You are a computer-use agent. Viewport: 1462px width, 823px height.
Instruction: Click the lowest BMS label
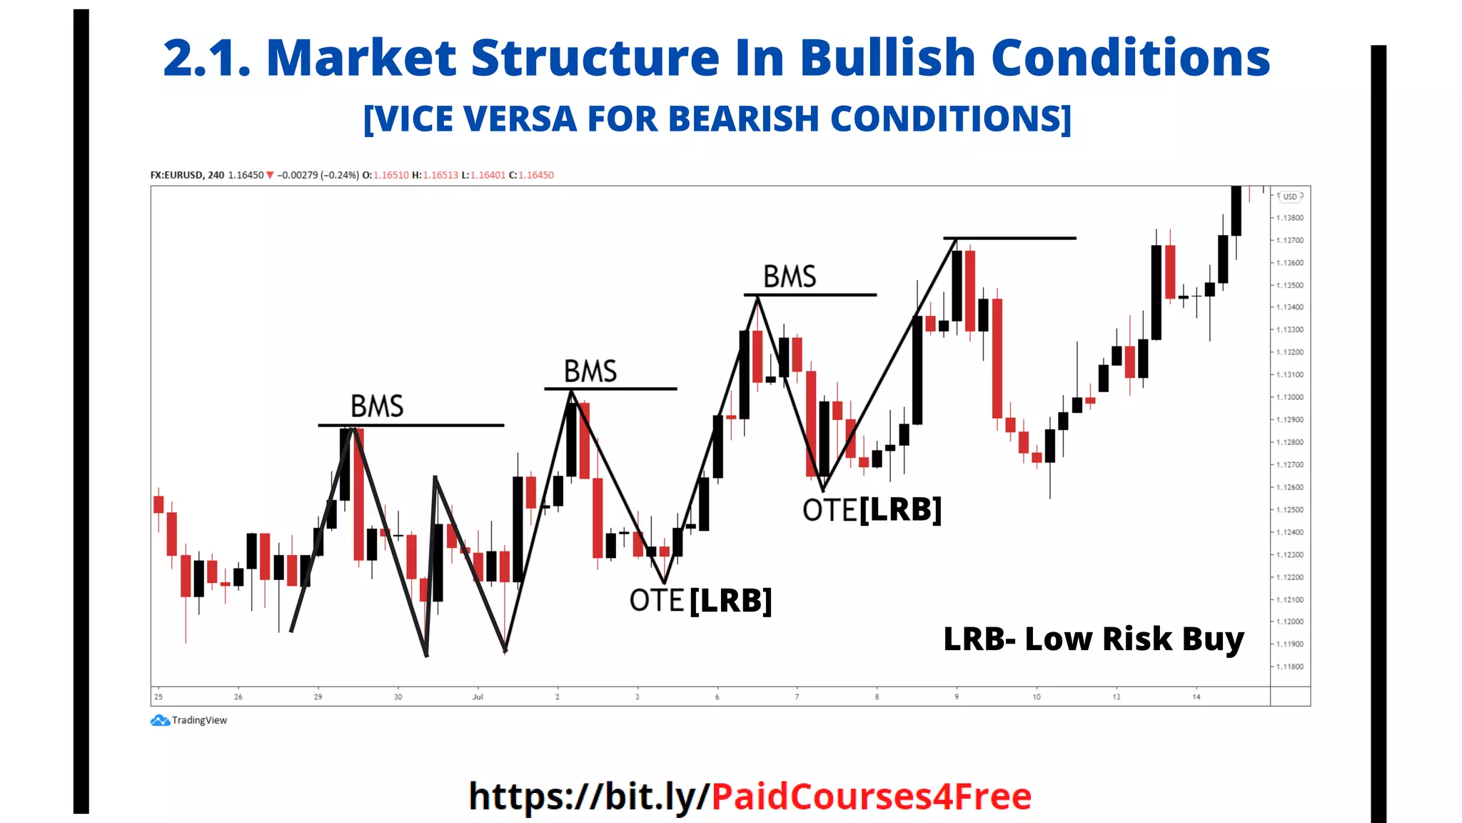[377, 406]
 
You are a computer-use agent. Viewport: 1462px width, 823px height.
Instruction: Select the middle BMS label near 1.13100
[590, 371]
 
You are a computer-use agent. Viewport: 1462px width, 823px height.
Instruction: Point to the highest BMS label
[790, 276]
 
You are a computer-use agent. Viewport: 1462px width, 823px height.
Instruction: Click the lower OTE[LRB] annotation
[700, 601]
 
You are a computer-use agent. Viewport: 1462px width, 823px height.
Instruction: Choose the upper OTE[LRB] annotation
[872, 510]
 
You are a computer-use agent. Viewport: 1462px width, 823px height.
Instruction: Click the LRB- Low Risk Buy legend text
[1094, 639]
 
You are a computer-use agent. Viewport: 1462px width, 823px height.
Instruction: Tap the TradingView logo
[161, 720]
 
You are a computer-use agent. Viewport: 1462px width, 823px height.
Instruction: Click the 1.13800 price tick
[1290, 218]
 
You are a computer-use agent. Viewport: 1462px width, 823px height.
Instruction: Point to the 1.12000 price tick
[1290, 622]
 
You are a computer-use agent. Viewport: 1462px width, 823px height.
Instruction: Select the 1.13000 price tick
[1290, 397]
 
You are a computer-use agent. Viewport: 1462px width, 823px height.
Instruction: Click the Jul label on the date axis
[478, 697]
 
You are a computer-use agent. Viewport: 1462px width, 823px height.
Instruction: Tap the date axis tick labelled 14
[1196, 697]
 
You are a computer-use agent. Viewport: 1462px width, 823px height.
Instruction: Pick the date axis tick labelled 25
[158, 697]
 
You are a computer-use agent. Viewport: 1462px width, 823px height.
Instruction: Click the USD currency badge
[1290, 196]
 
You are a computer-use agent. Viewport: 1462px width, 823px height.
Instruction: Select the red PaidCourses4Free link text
[871, 797]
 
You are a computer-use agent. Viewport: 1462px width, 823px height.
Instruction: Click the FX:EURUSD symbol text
[177, 175]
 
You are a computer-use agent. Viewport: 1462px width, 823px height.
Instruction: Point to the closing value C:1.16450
[531, 175]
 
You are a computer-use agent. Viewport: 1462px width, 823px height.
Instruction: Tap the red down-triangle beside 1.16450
[270, 175]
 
